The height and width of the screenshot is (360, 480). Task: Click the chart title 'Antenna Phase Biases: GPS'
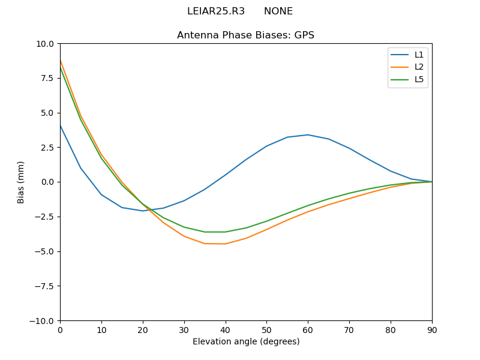tap(245, 35)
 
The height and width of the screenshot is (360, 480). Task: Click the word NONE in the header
tap(278, 11)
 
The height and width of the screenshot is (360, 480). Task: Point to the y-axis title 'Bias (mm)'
tap(21, 182)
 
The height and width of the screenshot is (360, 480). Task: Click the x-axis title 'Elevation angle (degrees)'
tap(246, 342)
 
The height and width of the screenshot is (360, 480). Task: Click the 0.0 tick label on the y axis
tap(46, 182)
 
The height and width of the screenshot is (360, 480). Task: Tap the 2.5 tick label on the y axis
tap(46, 148)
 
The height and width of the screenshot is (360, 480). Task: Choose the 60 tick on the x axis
tap(308, 330)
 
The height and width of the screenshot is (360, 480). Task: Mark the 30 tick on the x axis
tap(184, 330)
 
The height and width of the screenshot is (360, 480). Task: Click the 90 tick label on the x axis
tap(432, 330)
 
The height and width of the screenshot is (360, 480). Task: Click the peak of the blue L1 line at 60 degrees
tap(308, 134)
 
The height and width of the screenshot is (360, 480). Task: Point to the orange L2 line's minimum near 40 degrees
tap(225, 244)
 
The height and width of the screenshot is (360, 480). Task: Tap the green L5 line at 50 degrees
tap(266, 221)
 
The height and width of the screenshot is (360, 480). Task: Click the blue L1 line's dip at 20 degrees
tap(143, 211)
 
